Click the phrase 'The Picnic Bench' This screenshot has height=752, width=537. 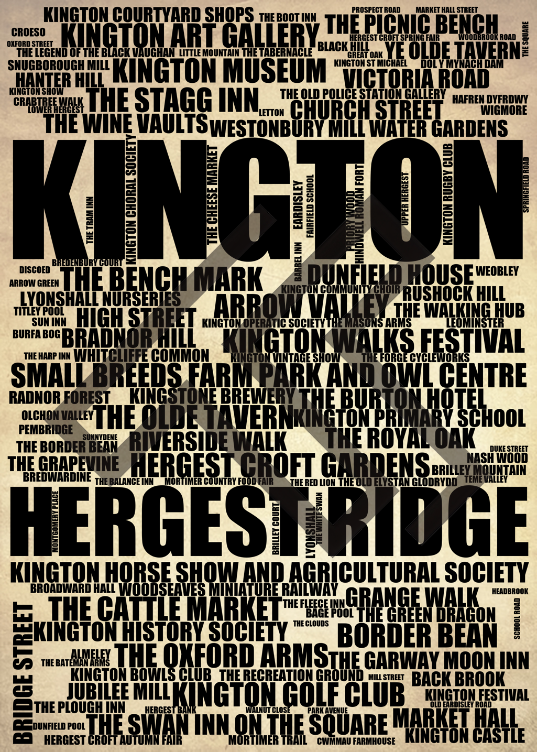tap(411, 24)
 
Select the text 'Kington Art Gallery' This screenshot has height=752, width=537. tap(190, 36)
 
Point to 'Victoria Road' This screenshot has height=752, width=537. tap(416, 79)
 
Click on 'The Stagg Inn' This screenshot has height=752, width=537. tap(173, 100)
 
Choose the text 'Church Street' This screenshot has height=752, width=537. tap(366, 111)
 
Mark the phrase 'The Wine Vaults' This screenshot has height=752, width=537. tap(126, 124)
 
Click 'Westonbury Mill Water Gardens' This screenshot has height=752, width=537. tap(359, 128)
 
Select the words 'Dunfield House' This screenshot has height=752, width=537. tap(390, 275)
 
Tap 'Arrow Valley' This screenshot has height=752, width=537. tap(301, 306)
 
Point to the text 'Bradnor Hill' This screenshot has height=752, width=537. tap(129, 338)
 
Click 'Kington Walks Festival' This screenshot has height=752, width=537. tap(374, 341)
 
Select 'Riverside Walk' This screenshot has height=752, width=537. tap(208, 441)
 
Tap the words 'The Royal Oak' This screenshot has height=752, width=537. tap(400, 438)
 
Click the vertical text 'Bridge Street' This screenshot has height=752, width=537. tap(22, 673)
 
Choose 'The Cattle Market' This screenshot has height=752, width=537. tap(165, 608)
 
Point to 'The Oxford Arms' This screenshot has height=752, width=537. tap(222, 655)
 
